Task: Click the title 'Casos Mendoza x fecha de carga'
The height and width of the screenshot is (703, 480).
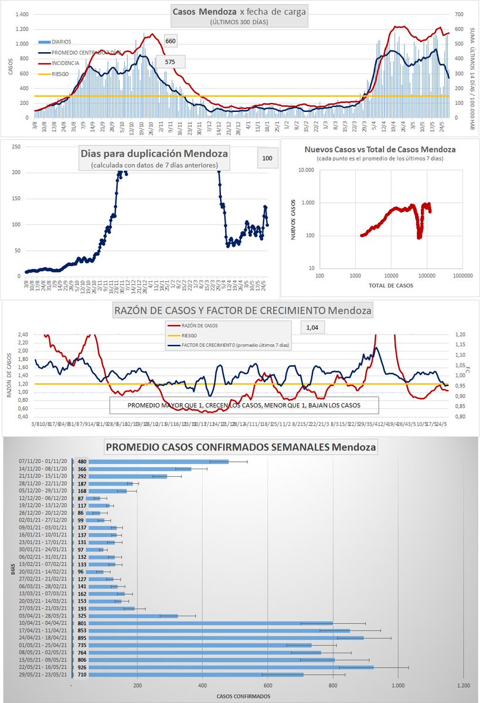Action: [239, 11]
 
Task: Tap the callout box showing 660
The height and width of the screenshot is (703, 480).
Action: [170, 41]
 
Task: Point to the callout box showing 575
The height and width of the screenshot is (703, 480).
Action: [170, 62]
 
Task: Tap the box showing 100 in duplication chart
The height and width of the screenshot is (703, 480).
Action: [267, 159]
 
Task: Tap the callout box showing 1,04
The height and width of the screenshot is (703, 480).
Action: [312, 328]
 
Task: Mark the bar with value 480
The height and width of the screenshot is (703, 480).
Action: [158, 461]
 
